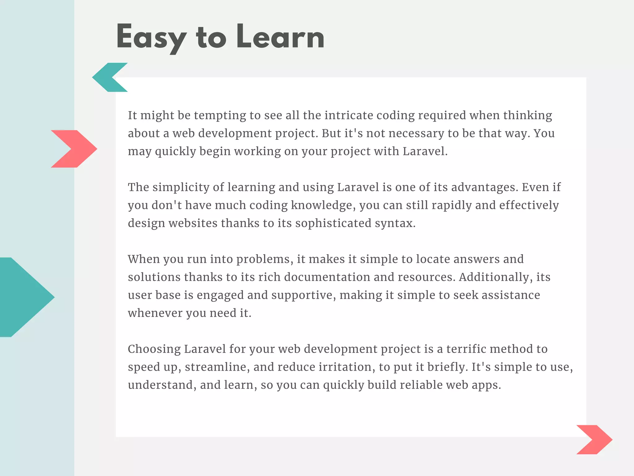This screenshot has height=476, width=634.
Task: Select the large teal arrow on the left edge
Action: tap(25, 297)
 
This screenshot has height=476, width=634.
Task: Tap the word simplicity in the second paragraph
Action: tap(181, 187)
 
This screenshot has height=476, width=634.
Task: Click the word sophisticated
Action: tap(333, 223)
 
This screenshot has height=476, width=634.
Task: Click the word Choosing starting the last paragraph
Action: tap(154, 349)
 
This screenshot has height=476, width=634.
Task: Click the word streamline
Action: tap(217, 367)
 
